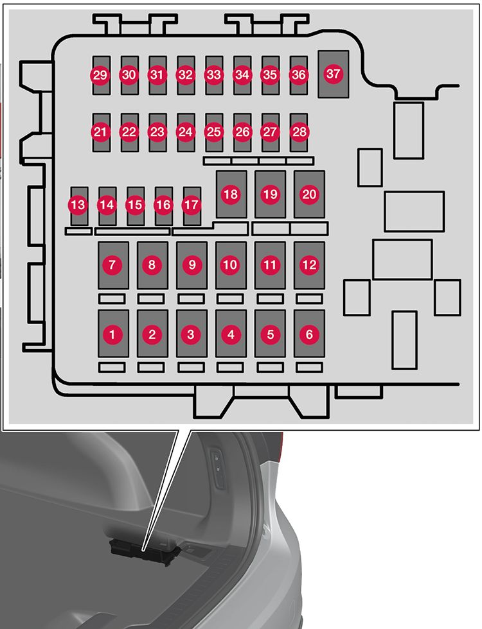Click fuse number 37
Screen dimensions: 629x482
333,74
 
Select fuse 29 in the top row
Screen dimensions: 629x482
100,75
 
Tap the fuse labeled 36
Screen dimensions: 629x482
298,75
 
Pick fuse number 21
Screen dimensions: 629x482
100,132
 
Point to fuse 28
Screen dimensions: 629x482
299,132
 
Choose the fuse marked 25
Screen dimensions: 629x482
213,132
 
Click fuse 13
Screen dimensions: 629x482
79,205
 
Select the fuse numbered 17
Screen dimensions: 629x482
192,205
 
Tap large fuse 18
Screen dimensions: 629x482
231,194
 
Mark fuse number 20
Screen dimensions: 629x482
309,194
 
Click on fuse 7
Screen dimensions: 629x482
113,264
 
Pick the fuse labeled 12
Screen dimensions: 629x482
309,264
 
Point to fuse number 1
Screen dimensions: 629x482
113,334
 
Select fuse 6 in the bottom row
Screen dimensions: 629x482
309,334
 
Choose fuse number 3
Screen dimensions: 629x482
191,334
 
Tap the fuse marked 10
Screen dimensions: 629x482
230,264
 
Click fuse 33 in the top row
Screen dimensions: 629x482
213,75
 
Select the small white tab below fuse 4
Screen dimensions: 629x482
230,368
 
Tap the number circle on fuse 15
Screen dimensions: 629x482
136,205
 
